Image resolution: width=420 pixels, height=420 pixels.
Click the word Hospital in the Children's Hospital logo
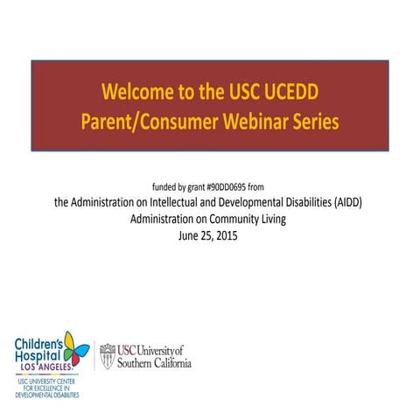(36, 355)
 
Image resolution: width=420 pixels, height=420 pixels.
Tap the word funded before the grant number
(164, 187)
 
